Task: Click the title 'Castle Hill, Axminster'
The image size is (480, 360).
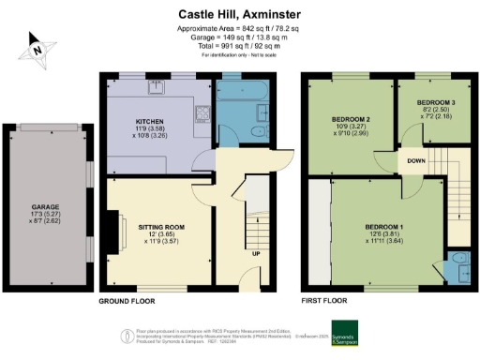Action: point(239,14)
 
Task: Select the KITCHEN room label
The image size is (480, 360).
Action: point(151,123)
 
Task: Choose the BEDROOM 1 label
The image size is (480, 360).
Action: point(383,228)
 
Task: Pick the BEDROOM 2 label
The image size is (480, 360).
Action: point(349,120)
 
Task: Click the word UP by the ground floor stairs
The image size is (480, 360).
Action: point(255,253)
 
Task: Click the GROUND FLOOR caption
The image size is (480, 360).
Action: point(127,301)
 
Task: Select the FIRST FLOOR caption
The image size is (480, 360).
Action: point(324,301)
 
